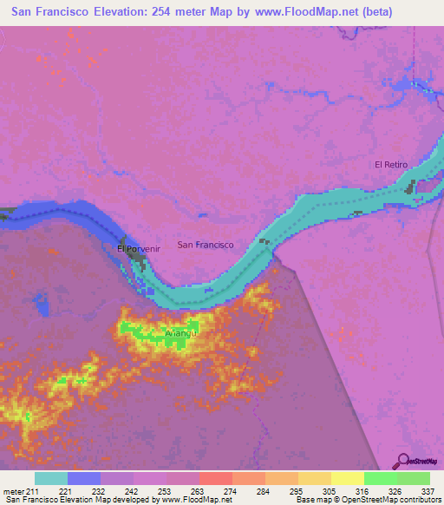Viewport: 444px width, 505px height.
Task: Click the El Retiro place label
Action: coord(390,164)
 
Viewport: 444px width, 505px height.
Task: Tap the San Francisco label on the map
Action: coord(206,245)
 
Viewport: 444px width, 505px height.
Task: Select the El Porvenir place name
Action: coord(139,249)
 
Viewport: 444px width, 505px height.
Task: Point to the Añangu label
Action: coord(181,333)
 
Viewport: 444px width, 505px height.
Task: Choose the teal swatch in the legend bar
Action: coord(51,478)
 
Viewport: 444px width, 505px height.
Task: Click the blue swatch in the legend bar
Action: coord(84,478)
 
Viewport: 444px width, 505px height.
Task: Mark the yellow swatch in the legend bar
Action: coord(347,478)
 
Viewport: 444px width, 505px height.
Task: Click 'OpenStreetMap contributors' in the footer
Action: coord(395,500)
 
